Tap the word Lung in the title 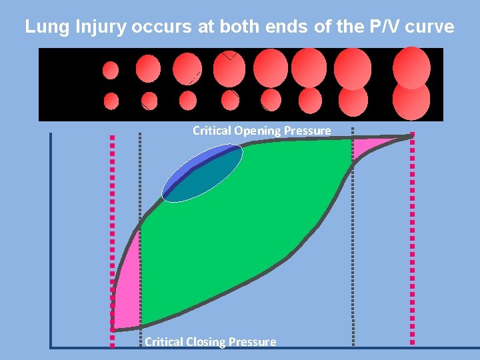(41, 27)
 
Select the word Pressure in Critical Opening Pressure (307, 131)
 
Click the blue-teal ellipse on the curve (201, 175)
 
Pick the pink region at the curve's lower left (127, 287)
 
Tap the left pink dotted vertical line (112, 240)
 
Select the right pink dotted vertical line (413, 240)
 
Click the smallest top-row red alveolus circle (111, 70)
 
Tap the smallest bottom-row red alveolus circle (111, 101)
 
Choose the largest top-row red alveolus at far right (411, 67)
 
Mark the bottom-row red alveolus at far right (411, 101)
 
